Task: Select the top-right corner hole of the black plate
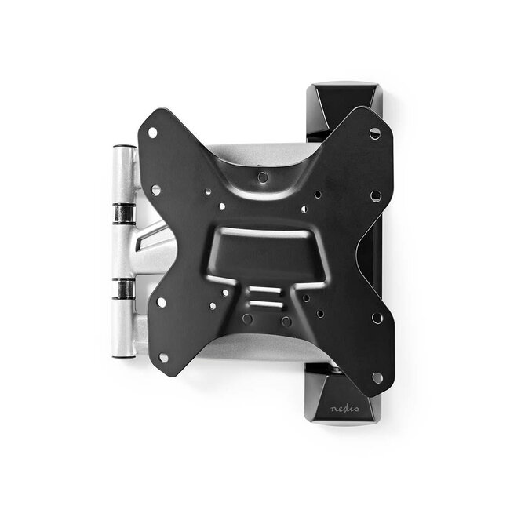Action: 374,134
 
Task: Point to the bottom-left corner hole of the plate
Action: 163,357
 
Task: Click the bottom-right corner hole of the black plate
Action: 377,377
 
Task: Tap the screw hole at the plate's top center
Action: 261,177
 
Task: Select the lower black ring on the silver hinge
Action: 123,288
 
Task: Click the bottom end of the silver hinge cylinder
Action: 122,352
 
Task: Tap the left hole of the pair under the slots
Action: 247,319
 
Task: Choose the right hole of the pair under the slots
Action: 286,321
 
